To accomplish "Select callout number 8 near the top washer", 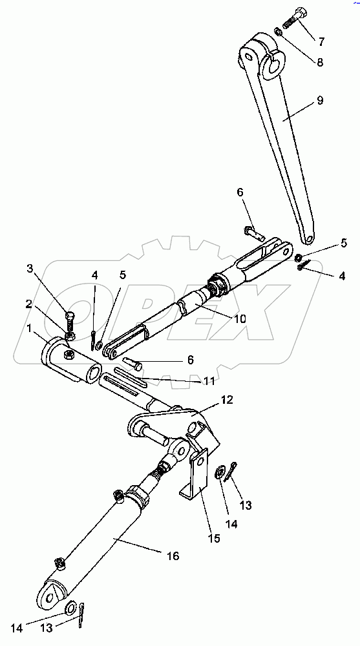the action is click(320, 63).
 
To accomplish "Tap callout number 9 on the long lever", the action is click(320, 100).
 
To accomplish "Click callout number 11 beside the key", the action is click(209, 382).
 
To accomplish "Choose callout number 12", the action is click(228, 400).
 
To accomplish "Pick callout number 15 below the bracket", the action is click(215, 537).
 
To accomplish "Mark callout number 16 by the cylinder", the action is click(173, 556).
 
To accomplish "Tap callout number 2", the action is click(28, 304).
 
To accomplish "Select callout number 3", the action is click(30, 269).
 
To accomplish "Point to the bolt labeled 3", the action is click(70, 325).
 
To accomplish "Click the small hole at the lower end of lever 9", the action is click(310, 238).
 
